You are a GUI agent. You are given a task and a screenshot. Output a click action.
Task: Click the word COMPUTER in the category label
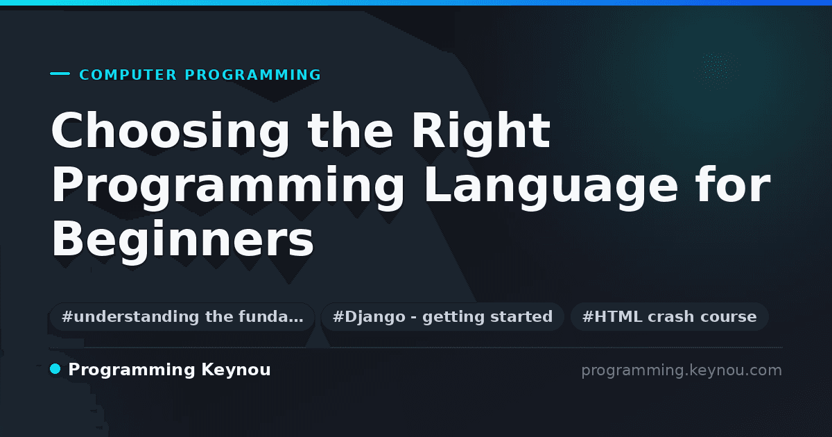128,75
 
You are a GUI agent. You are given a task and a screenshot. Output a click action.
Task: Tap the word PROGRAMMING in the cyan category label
253,75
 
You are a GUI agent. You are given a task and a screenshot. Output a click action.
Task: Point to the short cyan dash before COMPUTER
60,74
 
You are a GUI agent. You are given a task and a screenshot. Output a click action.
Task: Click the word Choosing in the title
170,132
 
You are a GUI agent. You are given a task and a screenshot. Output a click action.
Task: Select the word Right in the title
480,132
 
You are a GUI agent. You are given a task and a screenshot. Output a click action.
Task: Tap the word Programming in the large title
227,186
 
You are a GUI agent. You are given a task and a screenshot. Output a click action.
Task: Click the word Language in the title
551,186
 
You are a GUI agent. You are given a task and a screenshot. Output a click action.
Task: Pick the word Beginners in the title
183,239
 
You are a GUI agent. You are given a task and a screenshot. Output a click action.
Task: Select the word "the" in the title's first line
350,130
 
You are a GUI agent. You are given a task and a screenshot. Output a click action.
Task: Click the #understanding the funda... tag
182,316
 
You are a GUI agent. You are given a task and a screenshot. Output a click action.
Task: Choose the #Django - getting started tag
443,316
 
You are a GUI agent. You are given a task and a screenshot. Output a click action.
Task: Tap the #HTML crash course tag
669,316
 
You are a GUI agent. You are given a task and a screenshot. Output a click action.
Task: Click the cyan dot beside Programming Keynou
55,369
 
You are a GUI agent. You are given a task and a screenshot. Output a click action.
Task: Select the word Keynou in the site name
236,370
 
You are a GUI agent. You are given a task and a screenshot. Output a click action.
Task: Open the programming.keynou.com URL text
682,370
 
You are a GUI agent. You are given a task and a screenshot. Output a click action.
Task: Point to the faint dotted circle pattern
716,69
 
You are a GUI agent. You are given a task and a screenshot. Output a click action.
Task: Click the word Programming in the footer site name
132,370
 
